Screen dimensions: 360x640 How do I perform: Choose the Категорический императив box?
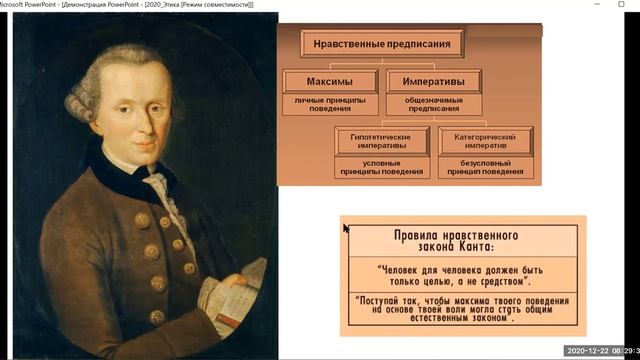(485, 140)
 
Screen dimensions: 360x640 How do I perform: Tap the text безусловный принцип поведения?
(485, 167)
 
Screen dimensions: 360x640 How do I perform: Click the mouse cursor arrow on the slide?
(346, 229)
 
